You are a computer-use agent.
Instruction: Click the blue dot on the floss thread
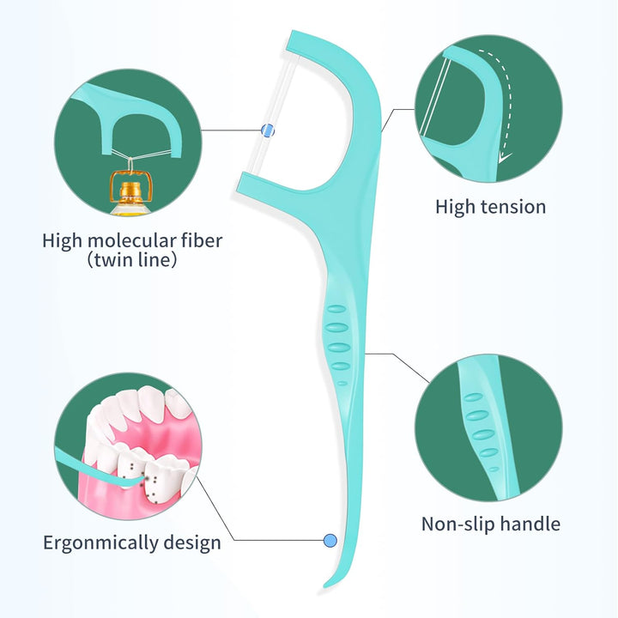tap(266, 130)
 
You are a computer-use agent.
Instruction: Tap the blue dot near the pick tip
tap(330, 540)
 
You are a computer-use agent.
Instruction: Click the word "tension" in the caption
tap(513, 207)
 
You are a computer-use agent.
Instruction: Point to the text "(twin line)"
tap(132, 259)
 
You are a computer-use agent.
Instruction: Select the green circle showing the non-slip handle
tap(488, 427)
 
